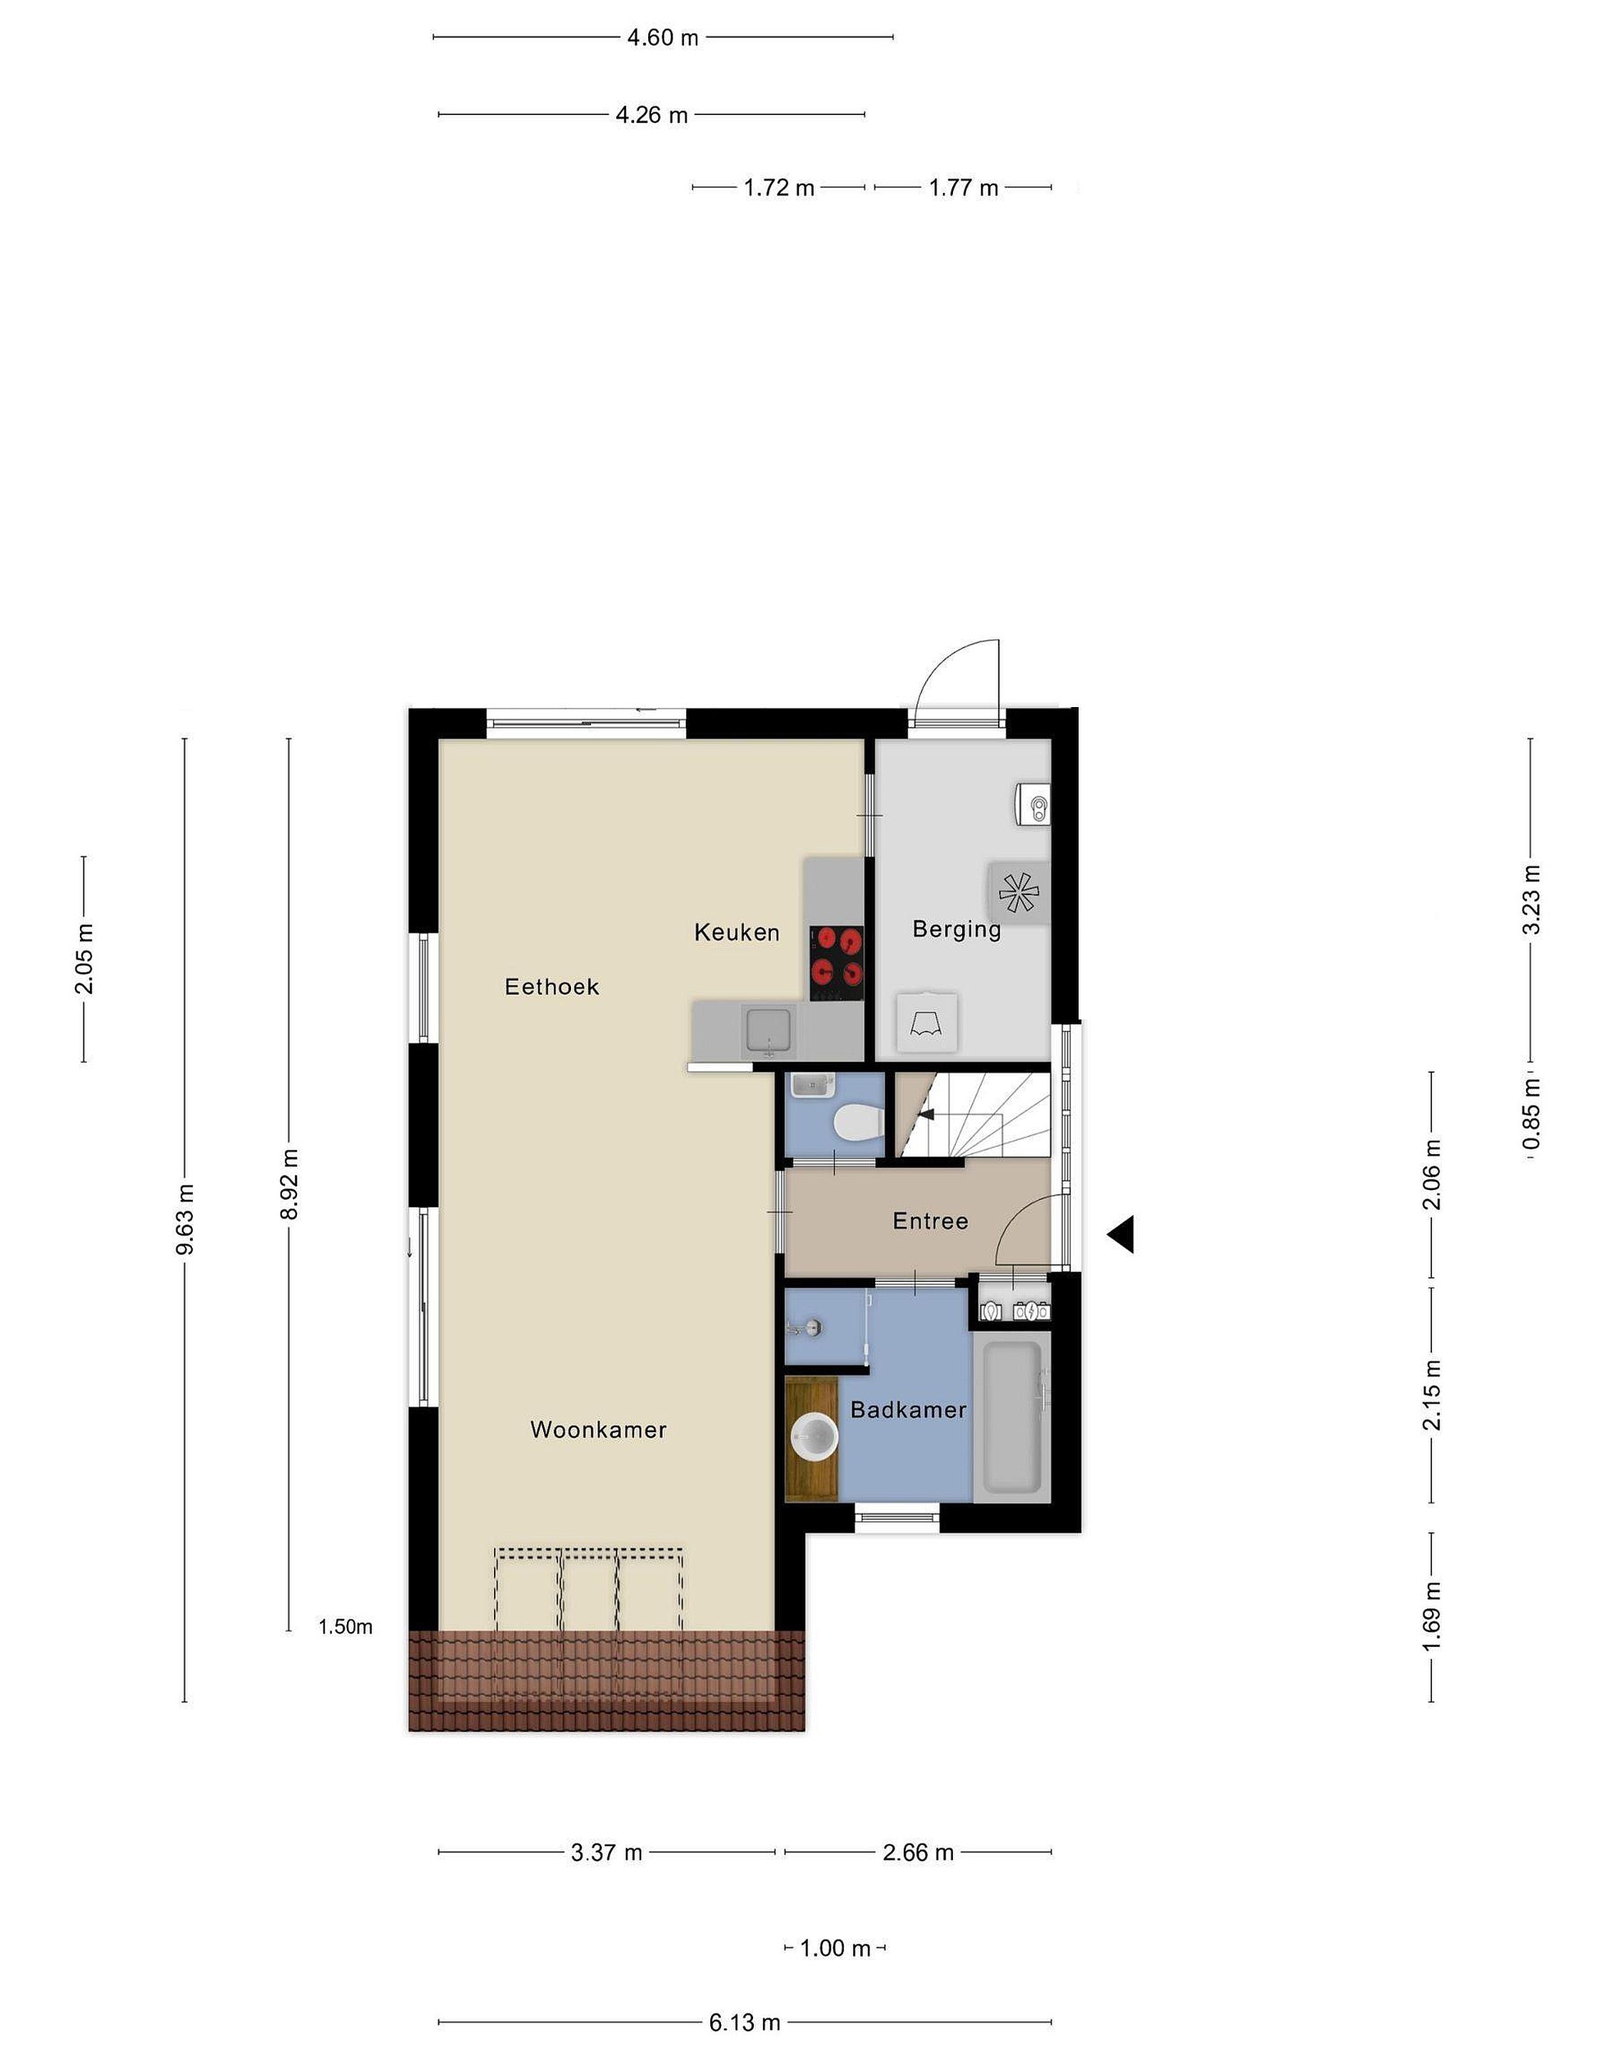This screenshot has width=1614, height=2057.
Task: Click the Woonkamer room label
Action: tap(598, 1429)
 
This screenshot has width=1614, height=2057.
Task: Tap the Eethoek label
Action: tap(552, 987)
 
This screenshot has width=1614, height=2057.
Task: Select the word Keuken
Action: tap(737, 933)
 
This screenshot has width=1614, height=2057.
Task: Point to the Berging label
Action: tap(957, 930)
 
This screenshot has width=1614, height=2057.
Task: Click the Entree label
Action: tap(931, 1221)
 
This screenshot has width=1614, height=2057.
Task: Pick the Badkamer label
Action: tap(908, 1411)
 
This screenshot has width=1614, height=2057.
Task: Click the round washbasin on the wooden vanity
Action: tap(814, 1438)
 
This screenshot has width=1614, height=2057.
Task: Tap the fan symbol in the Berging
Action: tap(1019, 892)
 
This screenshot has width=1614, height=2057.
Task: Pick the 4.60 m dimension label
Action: tap(662, 38)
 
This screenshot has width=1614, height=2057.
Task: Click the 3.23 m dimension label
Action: tap(1531, 899)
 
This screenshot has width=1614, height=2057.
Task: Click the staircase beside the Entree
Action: tap(973, 1113)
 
